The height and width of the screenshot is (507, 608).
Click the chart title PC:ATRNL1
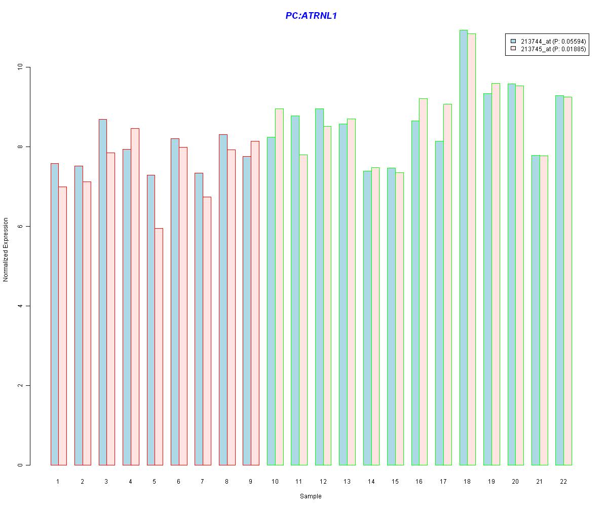[x=311, y=16]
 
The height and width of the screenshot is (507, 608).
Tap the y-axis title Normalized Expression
[x=6, y=249]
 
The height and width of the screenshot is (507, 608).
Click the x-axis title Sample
[x=310, y=496]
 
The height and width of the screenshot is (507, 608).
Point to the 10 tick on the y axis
[x=21, y=67]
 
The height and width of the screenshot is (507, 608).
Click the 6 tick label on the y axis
[x=21, y=226]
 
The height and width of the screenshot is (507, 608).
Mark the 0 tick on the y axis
[x=21, y=465]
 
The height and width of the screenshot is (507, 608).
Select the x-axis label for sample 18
[x=467, y=481]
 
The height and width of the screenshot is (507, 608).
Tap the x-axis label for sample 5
[x=155, y=481]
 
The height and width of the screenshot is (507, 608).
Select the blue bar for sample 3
[x=103, y=292]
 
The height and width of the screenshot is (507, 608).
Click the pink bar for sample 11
[x=303, y=310]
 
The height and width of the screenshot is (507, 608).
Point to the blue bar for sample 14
[x=367, y=318]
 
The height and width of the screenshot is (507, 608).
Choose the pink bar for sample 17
[x=447, y=284]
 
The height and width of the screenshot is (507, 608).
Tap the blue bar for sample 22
[x=559, y=280]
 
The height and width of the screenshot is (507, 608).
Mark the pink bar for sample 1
[x=62, y=325]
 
